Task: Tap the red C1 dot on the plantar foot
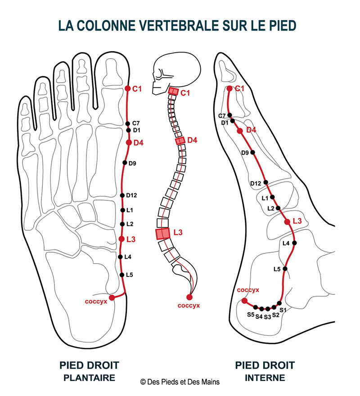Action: click(x=128, y=89)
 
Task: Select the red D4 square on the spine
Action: click(x=180, y=141)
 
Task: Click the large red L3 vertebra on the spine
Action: click(x=162, y=233)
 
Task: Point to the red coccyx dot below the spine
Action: click(x=189, y=297)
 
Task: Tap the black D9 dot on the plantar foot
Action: click(x=125, y=163)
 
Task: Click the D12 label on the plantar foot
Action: click(x=131, y=195)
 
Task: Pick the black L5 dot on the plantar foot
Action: click(x=122, y=275)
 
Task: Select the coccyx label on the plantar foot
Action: click(x=96, y=302)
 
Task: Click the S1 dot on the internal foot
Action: click(x=279, y=303)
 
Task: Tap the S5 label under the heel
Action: click(x=251, y=315)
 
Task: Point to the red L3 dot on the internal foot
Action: click(x=287, y=222)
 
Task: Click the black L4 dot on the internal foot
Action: click(x=294, y=243)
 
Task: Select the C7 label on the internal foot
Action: click(x=222, y=116)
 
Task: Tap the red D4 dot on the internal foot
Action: click(x=240, y=130)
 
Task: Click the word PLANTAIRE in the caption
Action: click(x=89, y=378)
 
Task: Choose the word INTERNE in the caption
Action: click(x=265, y=378)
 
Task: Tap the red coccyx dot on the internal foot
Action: click(x=244, y=301)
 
